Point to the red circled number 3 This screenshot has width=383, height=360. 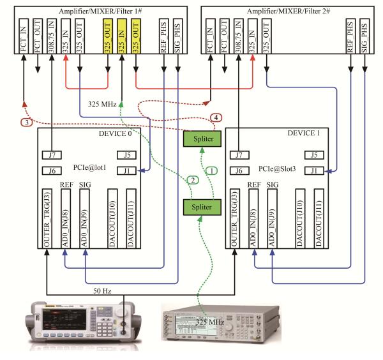pyautogui.click(x=26, y=122)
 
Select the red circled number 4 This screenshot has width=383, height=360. pyautogui.click(x=217, y=117)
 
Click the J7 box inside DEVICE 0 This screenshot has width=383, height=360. pyautogui.click(x=50, y=154)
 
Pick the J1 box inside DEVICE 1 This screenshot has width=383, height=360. pyautogui.click(x=312, y=170)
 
